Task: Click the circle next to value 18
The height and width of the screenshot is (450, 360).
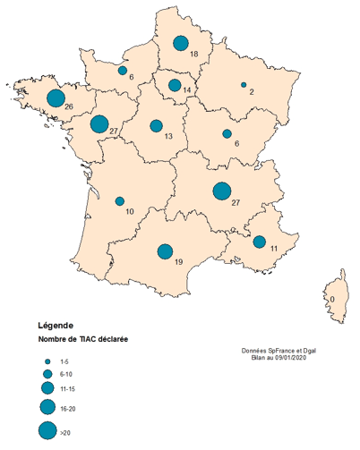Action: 180,43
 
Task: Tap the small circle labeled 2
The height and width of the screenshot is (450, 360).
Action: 244,85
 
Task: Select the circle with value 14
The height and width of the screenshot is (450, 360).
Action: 175,85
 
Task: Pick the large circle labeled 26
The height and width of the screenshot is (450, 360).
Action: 56,98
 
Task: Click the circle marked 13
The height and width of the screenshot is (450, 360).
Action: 156,126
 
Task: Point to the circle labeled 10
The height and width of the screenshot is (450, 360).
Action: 120,201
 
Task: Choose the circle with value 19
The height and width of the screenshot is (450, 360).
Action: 165,251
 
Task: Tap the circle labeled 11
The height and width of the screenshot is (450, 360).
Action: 259,242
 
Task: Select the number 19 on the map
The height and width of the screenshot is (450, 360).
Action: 180,261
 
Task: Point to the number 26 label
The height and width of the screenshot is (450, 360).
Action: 69,108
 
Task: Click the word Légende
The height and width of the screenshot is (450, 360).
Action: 56,325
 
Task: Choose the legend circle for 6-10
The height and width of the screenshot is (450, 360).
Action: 46,373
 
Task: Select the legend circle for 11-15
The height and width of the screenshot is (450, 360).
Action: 46,388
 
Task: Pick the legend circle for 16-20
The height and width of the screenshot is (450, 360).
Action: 46,407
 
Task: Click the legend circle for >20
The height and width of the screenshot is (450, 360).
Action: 46,430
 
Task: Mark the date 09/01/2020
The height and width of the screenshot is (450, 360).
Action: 296,357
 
